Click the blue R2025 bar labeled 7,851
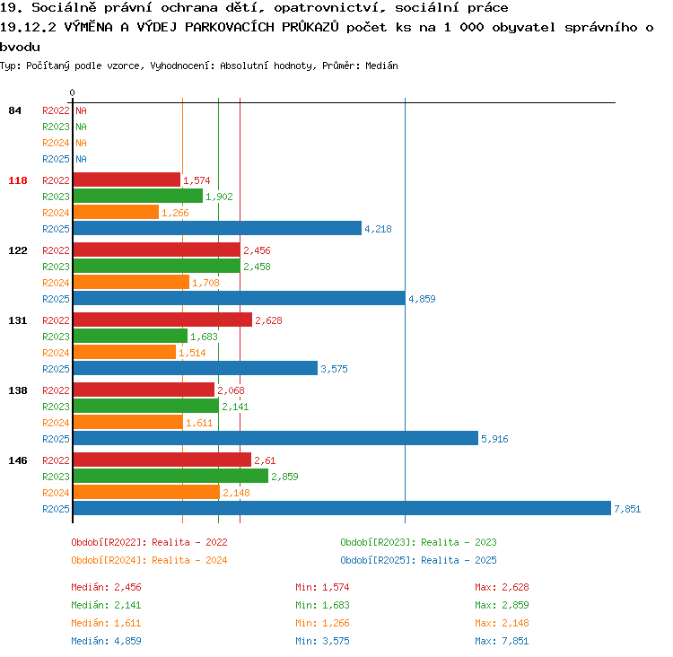[x=342, y=508]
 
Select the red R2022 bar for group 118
[x=127, y=180]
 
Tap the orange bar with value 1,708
[x=131, y=282]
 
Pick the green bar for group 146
[x=170, y=476]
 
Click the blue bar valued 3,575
[x=196, y=368]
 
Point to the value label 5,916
[x=494, y=439]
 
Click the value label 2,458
[x=258, y=267]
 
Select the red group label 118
[x=18, y=180]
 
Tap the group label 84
[x=14, y=110]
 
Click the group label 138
[x=18, y=390]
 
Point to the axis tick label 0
[x=72, y=92]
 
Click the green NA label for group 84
[x=81, y=127]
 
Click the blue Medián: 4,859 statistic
[x=106, y=641]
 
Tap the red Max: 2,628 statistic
[x=502, y=587]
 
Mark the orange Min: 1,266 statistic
[x=322, y=623]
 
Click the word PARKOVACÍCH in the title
[x=230, y=27]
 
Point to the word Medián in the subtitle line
[x=381, y=66]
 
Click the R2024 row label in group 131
[x=56, y=353]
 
